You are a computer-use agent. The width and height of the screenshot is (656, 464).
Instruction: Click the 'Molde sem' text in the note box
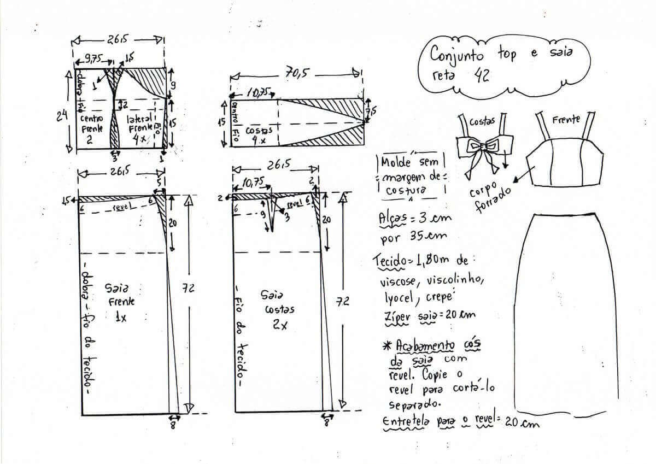click(x=412, y=162)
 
